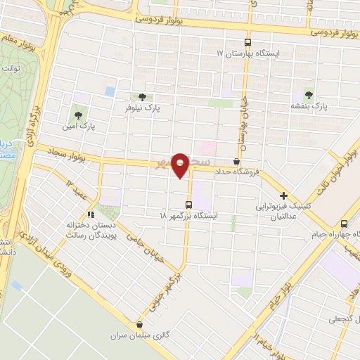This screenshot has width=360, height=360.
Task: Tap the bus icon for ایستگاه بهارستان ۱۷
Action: coord(247,42)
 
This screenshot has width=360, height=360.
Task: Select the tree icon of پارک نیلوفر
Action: coord(143,97)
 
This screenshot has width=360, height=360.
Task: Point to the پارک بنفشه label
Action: coord(310,107)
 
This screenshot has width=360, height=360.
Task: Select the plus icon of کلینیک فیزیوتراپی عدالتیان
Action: coord(283,195)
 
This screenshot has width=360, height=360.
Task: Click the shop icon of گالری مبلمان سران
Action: coord(140,325)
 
